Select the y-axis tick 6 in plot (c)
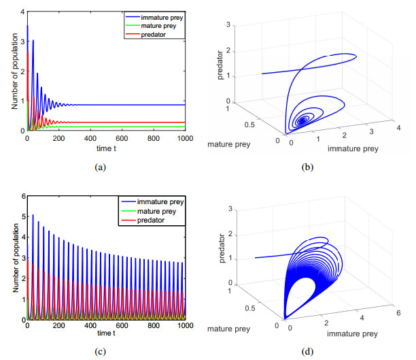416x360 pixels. (x=22, y=195)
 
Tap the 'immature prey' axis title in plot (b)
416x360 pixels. (x=350, y=148)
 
